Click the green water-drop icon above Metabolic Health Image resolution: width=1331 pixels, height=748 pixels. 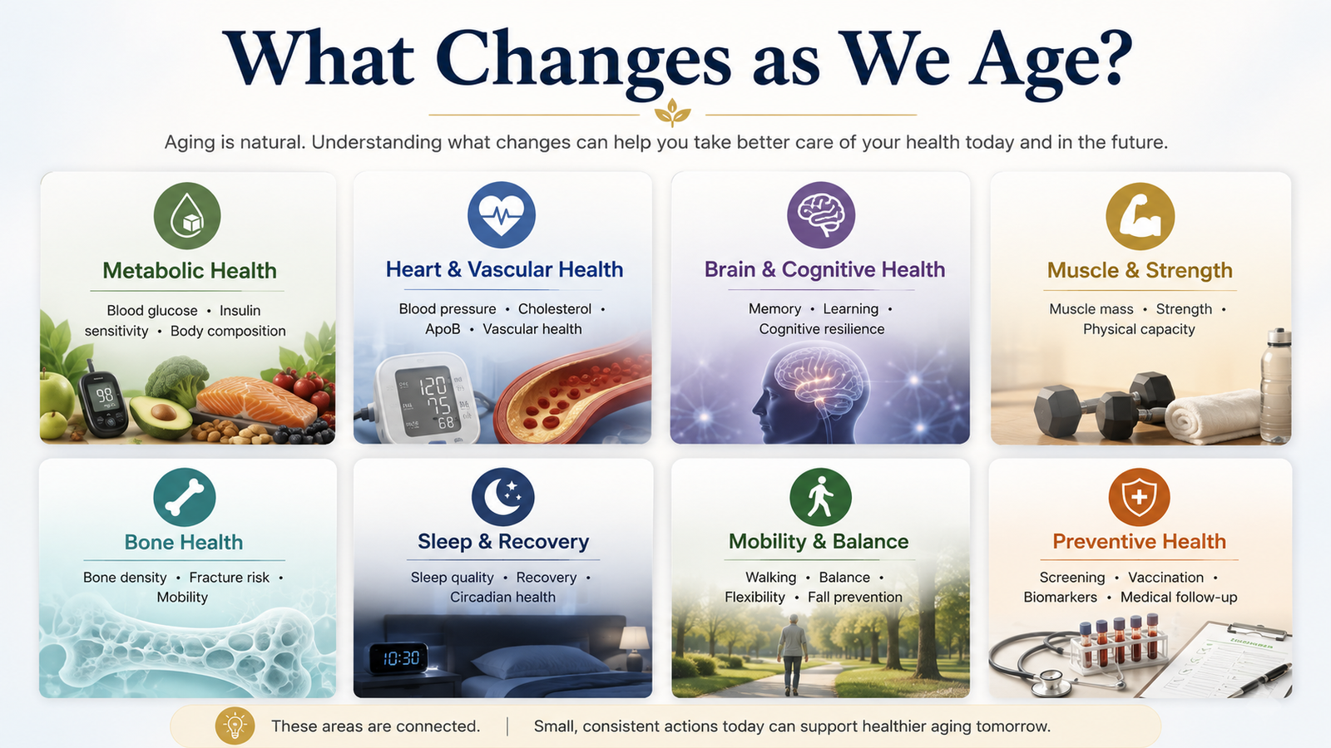[x=187, y=215]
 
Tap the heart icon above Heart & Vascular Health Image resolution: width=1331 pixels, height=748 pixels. [x=502, y=215]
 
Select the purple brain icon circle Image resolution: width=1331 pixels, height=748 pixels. [x=821, y=215]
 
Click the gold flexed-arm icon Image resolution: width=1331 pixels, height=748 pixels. [x=1140, y=216]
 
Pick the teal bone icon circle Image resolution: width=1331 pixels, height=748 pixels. [x=184, y=498]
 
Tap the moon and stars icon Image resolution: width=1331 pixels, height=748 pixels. [x=502, y=497]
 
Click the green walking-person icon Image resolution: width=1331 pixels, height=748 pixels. [x=820, y=497]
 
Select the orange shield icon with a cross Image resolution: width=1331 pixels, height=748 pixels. [x=1139, y=497]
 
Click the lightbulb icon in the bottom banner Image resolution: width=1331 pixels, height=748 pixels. [x=235, y=726]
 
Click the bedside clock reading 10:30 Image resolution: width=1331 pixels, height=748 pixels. [x=398, y=657]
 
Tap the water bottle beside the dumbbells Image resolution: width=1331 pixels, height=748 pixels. [x=1276, y=385]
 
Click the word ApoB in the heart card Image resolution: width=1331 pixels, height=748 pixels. [x=443, y=329]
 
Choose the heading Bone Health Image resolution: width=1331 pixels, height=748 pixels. [x=184, y=542]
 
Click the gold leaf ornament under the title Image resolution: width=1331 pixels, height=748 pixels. [x=672, y=113]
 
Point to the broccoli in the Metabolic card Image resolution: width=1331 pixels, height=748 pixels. [x=176, y=380]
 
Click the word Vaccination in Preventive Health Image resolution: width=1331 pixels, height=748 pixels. [x=1165, y=577]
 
